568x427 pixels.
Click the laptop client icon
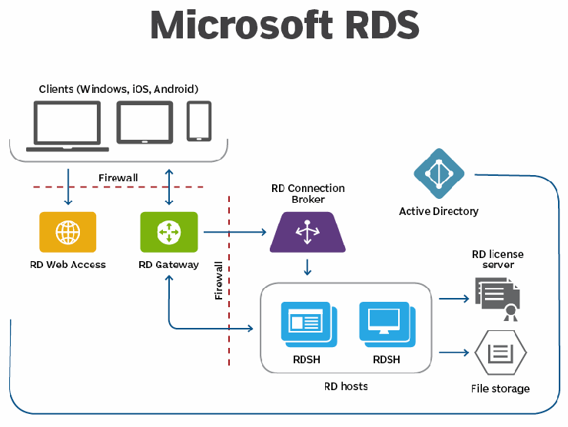point(66,126)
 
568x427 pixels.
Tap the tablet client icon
point(144,123)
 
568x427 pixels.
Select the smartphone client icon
point(199,121)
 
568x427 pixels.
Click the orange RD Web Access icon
point(68,232)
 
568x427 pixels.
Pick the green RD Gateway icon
point(168,232)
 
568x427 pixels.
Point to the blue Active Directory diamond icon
point(439,174)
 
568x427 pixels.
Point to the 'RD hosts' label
point(346,386)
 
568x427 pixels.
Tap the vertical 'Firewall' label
point(218,280)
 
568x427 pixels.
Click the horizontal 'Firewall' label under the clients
point(118,178)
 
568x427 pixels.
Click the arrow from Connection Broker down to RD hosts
point(307,266)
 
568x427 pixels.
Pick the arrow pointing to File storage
point(454,353)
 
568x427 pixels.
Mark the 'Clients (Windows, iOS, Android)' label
point(118,89)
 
